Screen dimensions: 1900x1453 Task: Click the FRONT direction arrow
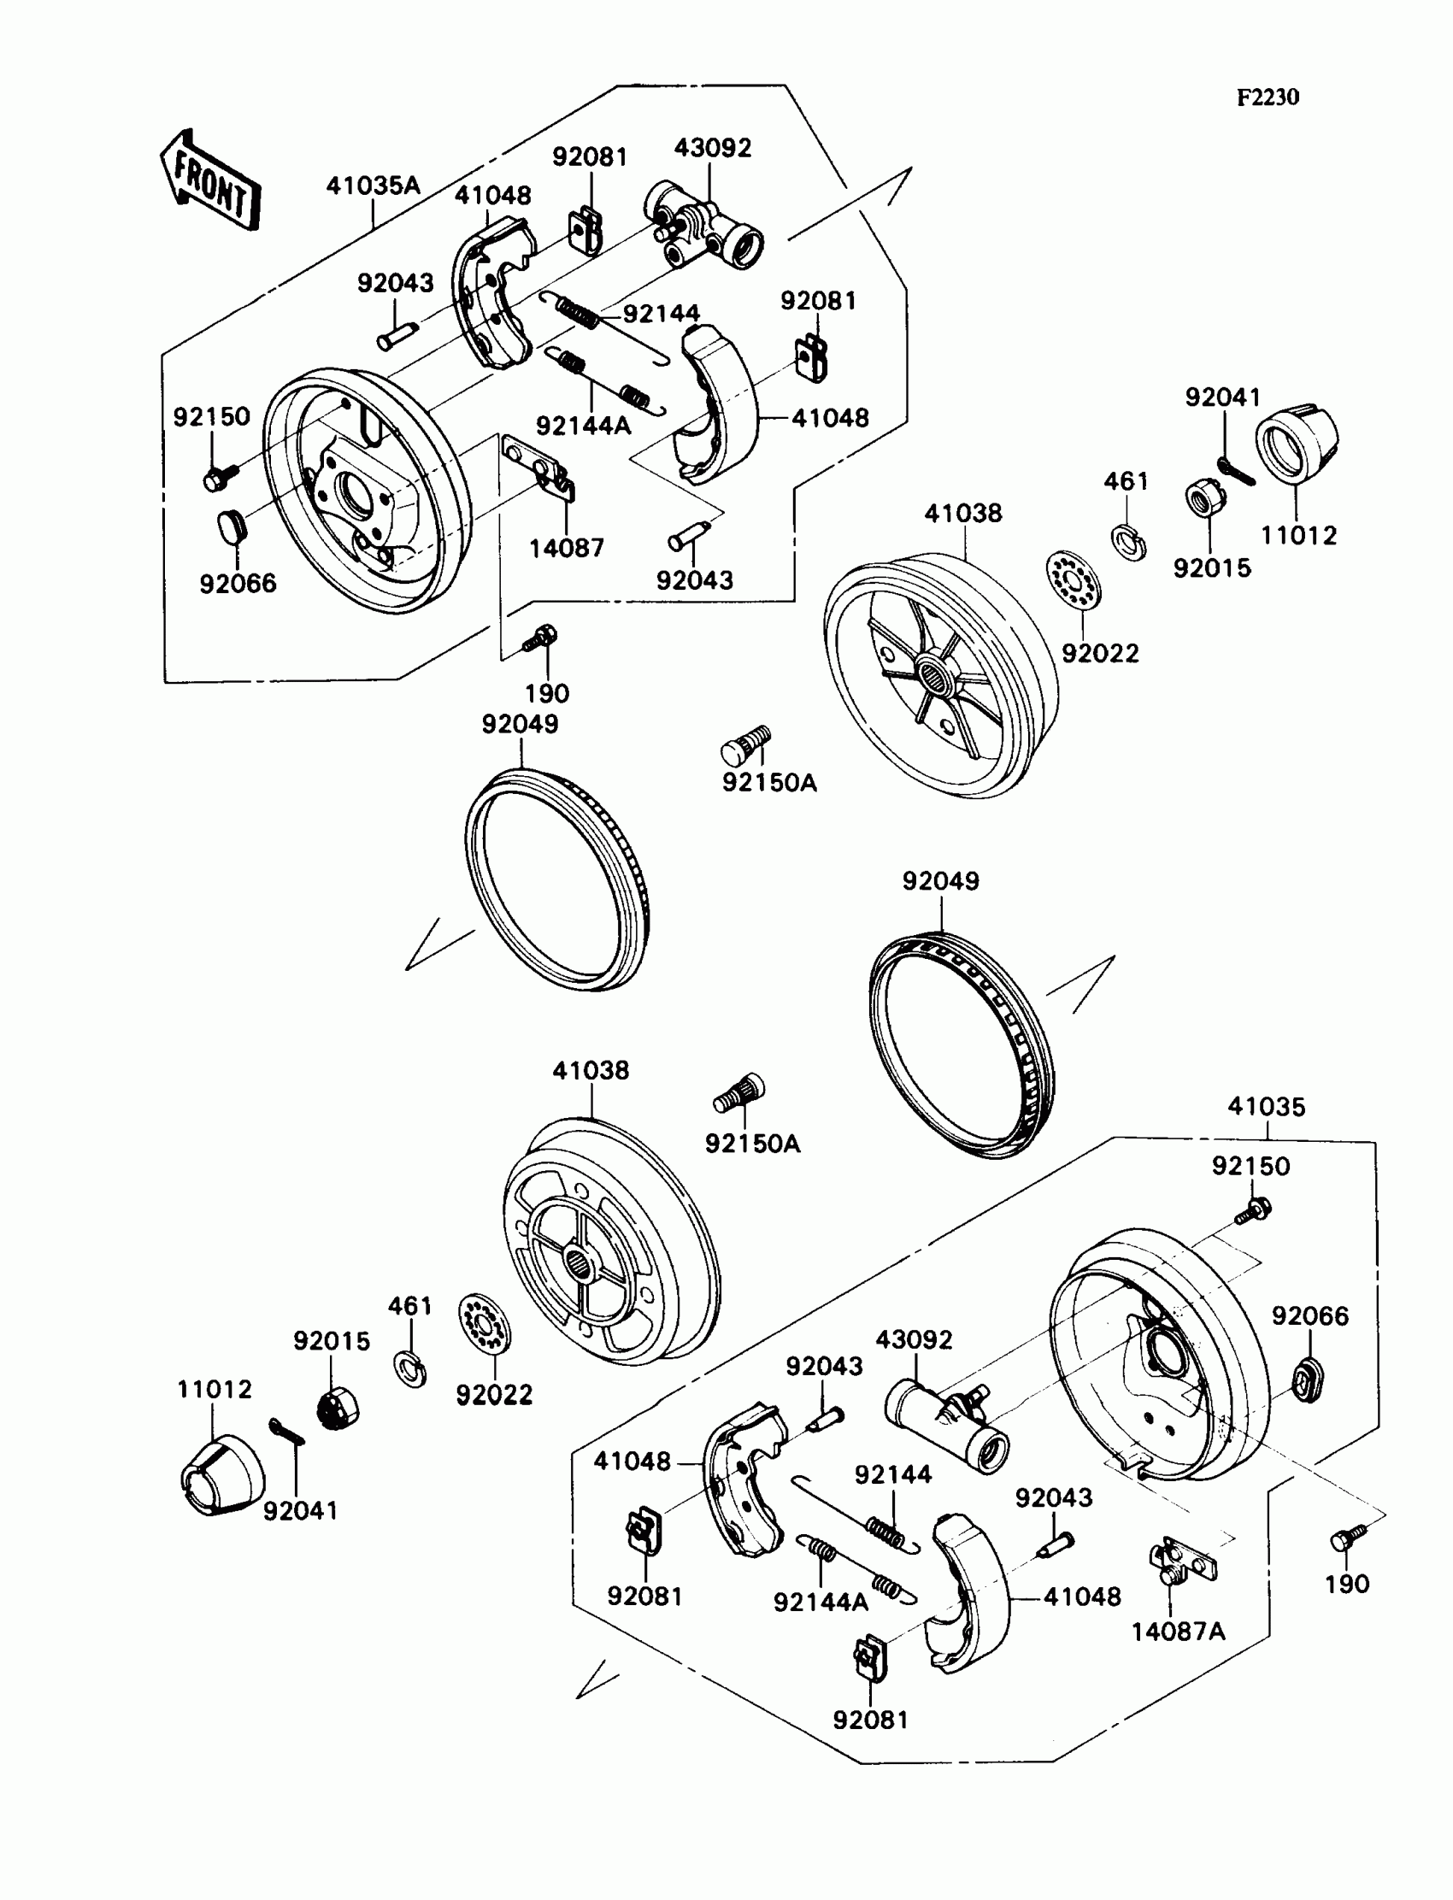click(209, 180)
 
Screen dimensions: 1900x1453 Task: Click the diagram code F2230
click(1267, 97)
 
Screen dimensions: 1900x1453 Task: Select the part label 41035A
click(373, 185)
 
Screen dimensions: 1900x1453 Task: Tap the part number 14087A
click(1178, 1632)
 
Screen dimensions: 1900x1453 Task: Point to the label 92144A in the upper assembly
click(583, 426)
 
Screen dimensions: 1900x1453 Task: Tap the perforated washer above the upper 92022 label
click(1073, 579)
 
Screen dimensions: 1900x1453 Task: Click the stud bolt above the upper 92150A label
click(744, 744)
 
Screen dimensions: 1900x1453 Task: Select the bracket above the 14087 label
click(540, 472)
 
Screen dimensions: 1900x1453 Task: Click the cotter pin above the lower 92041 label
click(286, 1432)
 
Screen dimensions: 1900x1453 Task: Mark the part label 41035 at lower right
click(1266, 1107)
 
